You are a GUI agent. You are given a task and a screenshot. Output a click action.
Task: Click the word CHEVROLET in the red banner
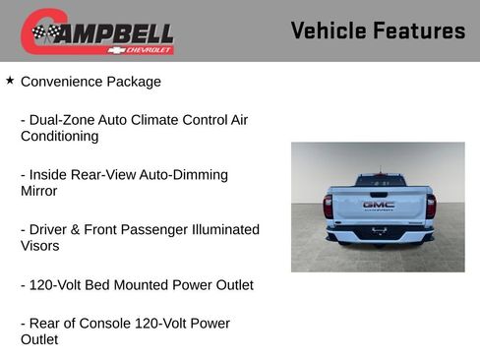tap(154, 49)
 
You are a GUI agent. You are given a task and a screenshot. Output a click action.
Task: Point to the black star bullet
tap(10, 81)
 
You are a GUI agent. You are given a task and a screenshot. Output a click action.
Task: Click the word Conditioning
tap(60, 137)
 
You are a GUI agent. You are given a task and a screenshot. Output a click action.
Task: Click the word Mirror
tap(39, 192)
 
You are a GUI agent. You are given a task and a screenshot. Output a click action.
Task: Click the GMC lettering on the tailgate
tap(378, 205)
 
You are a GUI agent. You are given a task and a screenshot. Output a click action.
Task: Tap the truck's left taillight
tap(329, 207)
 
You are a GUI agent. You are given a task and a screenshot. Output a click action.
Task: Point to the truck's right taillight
tap(430, 207)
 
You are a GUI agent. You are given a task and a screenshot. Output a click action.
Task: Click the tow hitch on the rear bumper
tap(378, 234)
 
